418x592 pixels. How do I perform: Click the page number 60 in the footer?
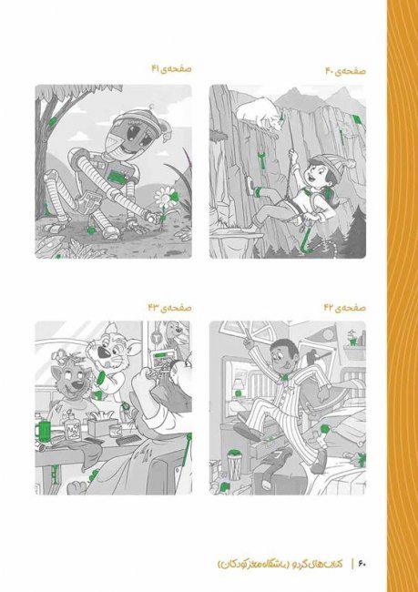point(362,564)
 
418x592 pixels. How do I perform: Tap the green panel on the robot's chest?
point(118,176)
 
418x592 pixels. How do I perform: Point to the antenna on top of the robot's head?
point(153,107)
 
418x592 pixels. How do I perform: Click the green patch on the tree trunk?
point(52,121)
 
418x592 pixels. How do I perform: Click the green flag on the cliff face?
point(357,119)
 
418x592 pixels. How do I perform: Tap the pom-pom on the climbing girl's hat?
point(352,163)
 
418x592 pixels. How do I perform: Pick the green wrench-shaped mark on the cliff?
point(261,158)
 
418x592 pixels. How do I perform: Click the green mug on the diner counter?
point(43,429)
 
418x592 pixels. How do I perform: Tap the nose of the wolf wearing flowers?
point(77,384)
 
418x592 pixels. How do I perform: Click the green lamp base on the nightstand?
point(239,394)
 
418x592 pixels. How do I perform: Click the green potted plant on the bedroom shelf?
point(352,338)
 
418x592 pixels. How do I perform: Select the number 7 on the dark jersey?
point(278,454)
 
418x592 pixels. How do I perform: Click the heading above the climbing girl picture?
point(345,71)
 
